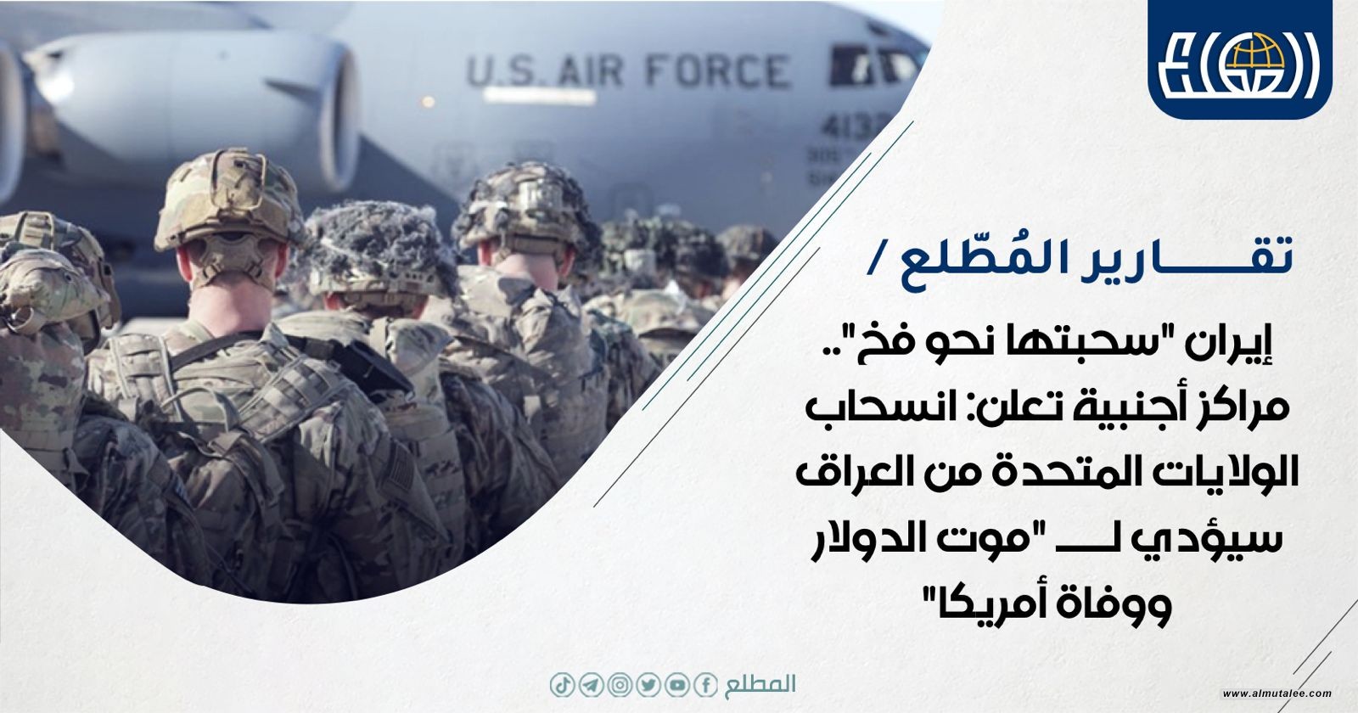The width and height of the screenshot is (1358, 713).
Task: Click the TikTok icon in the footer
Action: (562, 685)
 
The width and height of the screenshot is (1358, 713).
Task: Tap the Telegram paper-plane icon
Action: (591, 685)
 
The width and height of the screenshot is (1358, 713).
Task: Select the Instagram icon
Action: (620, 685)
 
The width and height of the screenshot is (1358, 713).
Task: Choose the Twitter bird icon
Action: (648, 685)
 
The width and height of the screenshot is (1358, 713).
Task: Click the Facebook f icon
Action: (705, 685)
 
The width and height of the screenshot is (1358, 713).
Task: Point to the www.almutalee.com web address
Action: (1277, 693)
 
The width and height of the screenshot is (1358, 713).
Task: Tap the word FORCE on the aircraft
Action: (717, 70)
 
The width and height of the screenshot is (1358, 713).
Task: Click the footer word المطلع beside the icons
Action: (760, 684)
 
